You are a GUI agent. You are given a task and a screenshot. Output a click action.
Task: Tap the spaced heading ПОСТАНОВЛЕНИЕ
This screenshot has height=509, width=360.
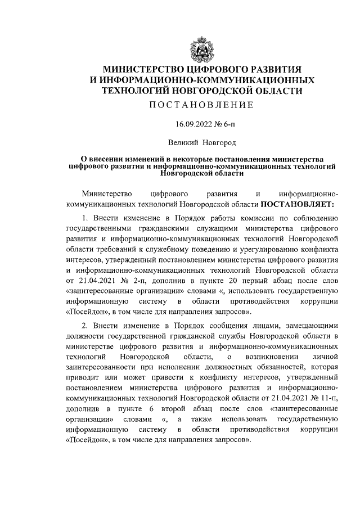pyautogui.click(x=202, y=105)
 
